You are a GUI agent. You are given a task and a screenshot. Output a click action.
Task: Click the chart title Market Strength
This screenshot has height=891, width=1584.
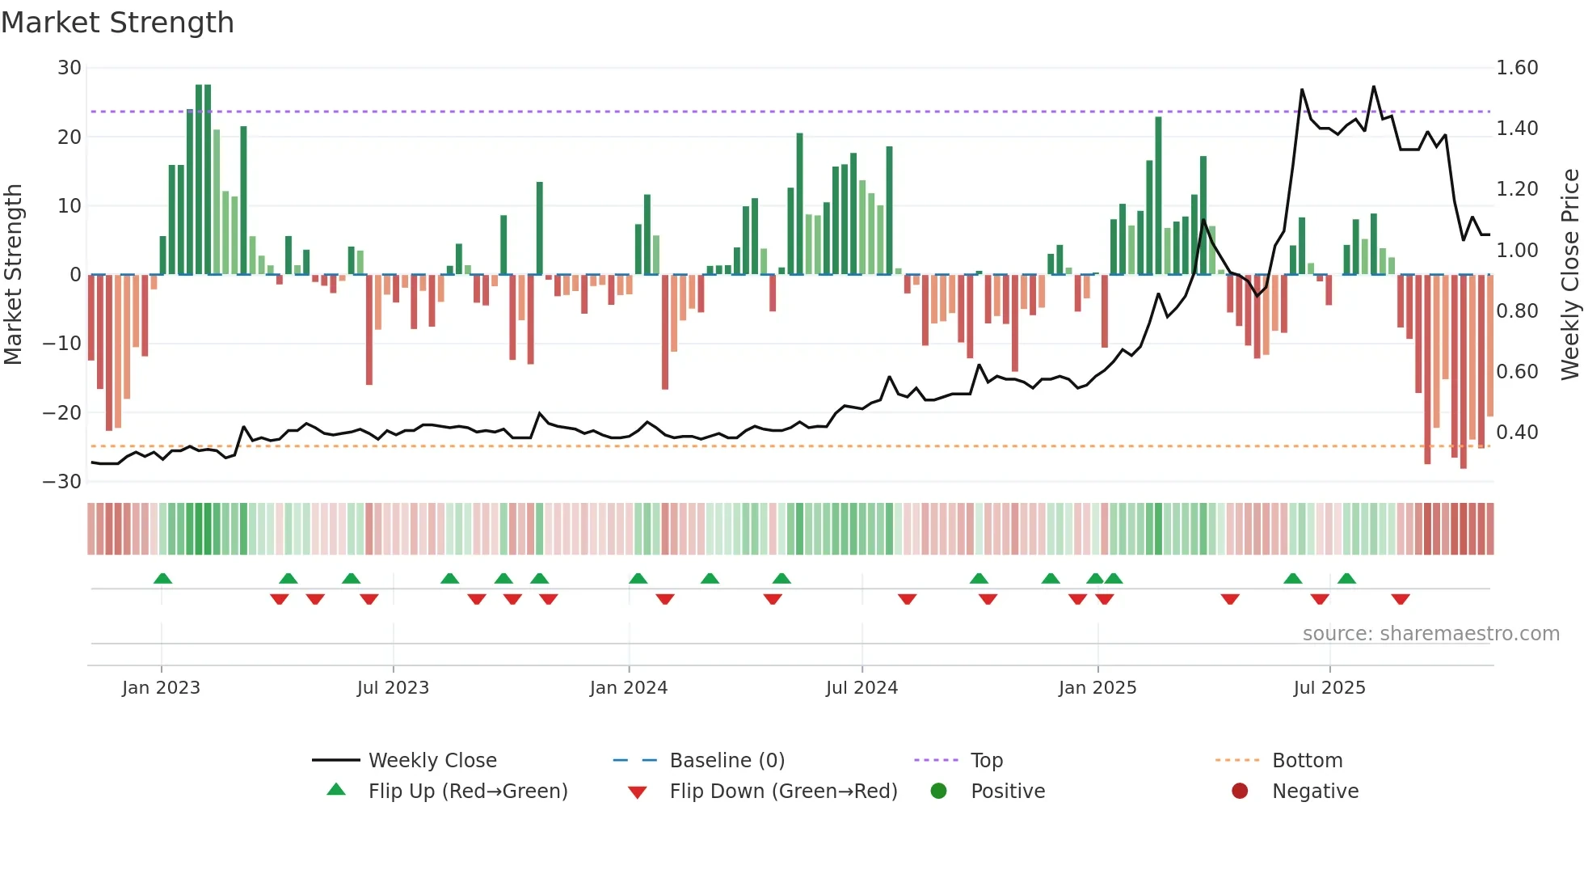coord(117,23)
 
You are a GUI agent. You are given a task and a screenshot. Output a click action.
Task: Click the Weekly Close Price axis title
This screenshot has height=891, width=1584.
coord(1569,274)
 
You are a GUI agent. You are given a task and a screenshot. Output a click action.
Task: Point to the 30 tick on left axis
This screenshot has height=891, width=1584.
coord(69,68)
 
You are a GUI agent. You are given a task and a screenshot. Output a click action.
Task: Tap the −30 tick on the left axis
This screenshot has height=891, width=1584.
coord(62,482)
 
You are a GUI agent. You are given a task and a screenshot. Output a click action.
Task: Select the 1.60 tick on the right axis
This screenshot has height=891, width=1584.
coord(1516,68)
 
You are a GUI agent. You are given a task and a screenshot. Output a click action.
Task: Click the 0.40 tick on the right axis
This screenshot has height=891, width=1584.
coord(1516,433)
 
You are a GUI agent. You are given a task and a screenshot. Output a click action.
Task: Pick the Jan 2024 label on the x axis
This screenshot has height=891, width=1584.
coord(628,688)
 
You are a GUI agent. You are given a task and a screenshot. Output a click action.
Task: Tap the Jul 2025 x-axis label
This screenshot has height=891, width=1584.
coord(1329,688)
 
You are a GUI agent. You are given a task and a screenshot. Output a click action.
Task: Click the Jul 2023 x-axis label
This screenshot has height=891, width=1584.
coord(393,688)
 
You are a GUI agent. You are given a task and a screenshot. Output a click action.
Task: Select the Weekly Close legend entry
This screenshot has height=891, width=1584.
coord(432,761)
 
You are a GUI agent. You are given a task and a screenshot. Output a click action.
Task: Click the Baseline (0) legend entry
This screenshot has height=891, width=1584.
coord(727,761)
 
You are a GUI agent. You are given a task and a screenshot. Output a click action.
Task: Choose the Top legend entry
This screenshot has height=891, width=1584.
coord(986,761)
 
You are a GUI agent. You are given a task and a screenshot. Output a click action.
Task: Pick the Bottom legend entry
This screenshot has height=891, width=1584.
coord(1307,761)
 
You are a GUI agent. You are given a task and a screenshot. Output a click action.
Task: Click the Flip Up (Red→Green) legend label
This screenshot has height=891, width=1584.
coord(467,792)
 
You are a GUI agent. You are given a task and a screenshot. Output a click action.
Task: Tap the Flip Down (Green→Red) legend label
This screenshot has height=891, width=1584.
coord(783,792)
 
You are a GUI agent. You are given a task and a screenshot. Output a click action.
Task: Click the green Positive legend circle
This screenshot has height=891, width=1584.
coord(938,792)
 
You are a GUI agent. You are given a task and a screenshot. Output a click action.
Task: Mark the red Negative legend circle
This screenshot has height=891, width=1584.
coord(1240,792)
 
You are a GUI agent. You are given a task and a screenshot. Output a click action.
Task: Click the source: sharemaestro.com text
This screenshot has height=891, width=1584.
coord(1430,634)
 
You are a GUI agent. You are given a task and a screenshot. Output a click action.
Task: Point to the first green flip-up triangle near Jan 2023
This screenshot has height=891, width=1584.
coord(162,579)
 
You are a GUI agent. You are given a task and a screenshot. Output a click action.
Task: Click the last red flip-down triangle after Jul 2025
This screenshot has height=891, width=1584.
coord(1401,599)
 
